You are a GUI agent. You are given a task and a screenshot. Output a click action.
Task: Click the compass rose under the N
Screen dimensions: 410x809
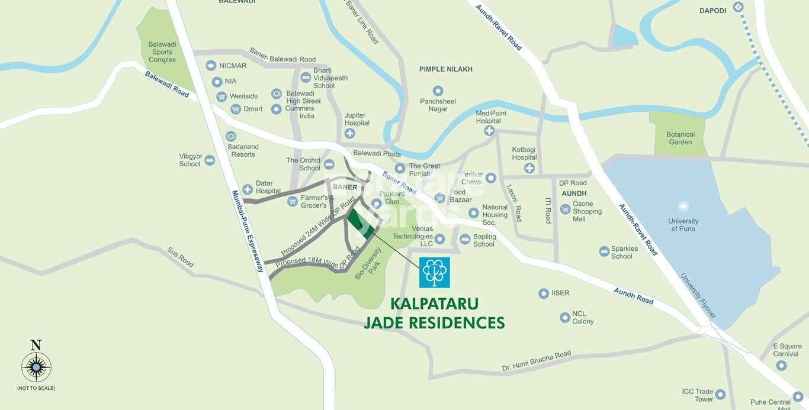tap(36, 367)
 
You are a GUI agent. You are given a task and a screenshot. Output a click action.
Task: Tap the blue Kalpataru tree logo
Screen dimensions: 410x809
tap(434, 272)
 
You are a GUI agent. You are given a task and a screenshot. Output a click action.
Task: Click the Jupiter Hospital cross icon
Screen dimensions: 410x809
tap(350, 134)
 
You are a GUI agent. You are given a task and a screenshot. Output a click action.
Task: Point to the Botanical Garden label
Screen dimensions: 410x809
tap(680, 138)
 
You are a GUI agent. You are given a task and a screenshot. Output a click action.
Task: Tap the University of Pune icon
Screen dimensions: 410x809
tap(683, 206)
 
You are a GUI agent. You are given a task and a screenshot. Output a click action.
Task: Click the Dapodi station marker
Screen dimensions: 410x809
tap(738, 7)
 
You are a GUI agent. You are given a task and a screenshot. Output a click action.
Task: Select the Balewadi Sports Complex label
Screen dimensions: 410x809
tap(162, 52)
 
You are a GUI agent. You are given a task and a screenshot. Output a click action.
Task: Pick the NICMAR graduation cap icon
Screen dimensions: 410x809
tap(211, 66)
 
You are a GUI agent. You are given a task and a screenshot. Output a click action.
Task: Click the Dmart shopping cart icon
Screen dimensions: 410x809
tap(236, 109)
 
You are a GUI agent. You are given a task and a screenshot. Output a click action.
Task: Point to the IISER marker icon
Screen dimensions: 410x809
tap(544, 293)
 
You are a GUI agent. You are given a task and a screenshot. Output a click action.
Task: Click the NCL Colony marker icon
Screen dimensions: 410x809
tap(565, 318)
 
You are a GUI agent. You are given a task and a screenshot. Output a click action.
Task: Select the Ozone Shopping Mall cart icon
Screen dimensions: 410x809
tap(565, 209)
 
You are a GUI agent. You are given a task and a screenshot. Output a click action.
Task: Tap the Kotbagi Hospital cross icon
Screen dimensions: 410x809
tap(529, 168)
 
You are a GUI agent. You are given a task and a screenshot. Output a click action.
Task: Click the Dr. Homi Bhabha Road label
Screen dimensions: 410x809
tap(537, 361)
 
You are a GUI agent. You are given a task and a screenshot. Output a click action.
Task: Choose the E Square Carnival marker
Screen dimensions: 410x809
tap(781, 365)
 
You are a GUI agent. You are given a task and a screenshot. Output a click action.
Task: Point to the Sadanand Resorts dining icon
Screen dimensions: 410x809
tap(231, 137)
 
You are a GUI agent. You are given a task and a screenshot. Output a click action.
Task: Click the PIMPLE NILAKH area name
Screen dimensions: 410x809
tap(445, 69)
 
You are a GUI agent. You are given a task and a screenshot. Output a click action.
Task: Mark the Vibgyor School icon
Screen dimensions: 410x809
tap(210, 160)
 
